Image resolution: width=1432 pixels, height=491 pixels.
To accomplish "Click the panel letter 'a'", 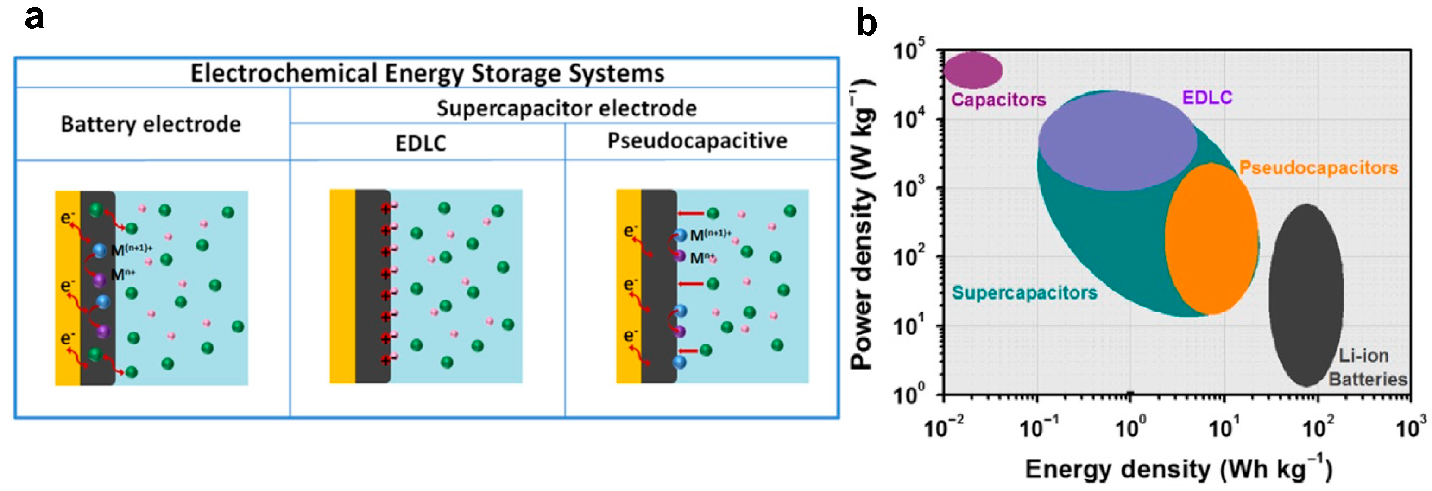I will click(34, 19).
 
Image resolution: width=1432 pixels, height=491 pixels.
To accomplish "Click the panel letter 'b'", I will click(865, 23).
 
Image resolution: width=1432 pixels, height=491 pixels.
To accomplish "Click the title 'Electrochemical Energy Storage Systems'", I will click(427, 73).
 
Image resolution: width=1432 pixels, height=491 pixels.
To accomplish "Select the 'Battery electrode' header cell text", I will click(151, 124).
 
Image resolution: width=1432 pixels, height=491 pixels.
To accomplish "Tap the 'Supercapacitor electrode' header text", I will click(566, 108).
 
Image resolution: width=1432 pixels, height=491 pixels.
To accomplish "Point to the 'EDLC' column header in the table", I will click(420, 143).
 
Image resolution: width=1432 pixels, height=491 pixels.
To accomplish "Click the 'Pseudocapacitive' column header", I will click(697, 140).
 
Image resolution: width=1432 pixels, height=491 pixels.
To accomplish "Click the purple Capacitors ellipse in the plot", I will click(972, 70).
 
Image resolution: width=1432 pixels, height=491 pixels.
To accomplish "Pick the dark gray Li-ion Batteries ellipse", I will click(1306, 295).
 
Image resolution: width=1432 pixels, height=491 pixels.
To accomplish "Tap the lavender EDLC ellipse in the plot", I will click(1117, 141).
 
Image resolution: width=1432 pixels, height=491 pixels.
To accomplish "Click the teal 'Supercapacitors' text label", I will click(1024, 293).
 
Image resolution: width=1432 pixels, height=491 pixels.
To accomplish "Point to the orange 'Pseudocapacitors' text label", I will click(1318, 168).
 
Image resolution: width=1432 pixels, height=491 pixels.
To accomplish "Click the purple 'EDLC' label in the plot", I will click(1207, 98).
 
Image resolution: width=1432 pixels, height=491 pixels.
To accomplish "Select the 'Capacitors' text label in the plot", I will click(998, 100).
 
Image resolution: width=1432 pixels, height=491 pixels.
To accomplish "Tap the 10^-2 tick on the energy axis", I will click(944, 428).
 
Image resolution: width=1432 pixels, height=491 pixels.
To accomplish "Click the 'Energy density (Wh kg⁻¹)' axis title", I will click(1178, 469).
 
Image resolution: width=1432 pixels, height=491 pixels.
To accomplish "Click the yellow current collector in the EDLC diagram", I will click(342, 287).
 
